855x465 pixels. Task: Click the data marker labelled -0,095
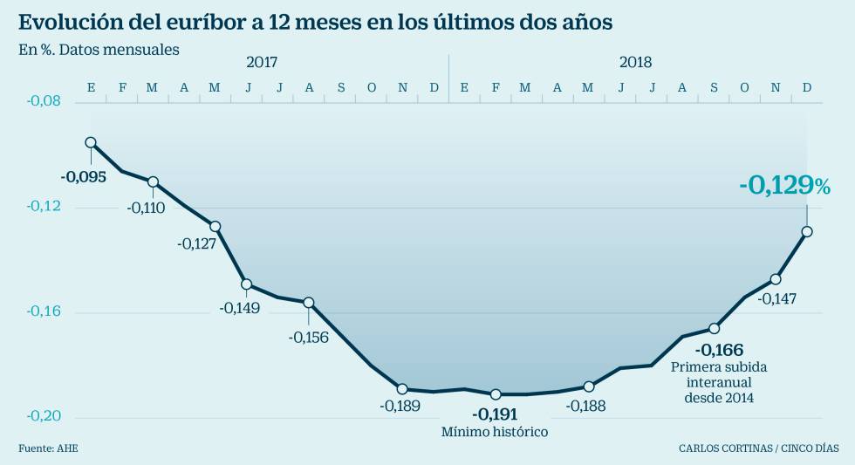point(91,142)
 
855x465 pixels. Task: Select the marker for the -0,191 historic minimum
point(496,394)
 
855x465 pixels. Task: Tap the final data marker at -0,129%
point(807,231)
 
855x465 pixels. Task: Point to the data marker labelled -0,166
point(714,328)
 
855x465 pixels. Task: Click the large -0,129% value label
point(783,185)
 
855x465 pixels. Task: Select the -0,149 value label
point(240,307)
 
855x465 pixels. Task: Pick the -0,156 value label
point(309,337)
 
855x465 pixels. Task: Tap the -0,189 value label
point(400,405)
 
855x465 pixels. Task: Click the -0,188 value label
point(586,405)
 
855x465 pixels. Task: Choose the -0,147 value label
point(776,298)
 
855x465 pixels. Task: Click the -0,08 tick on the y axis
point(43,101)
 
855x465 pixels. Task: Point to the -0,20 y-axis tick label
point(43,417)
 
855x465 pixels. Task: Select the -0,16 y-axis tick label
point(43,311)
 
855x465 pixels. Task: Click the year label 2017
point(262,62)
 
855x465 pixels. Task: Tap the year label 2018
point(635,62)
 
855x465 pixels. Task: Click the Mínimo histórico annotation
point(495,431)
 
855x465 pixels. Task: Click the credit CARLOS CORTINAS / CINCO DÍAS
point(758,448)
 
